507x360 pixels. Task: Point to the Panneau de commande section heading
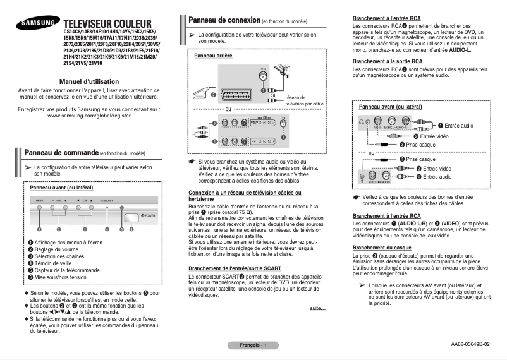60,153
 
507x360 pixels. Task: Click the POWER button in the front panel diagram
131,215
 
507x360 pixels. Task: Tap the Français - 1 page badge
253,345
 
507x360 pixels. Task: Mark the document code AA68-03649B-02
470,345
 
